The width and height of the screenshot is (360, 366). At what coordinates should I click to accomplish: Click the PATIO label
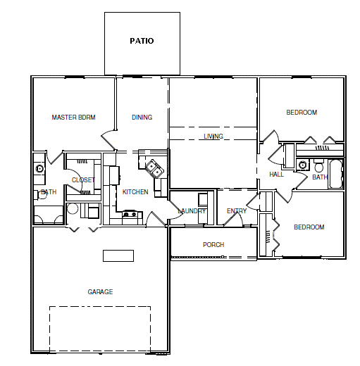142,41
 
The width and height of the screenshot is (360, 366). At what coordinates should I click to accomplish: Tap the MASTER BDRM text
73,118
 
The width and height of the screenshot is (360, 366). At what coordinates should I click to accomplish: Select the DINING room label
142,118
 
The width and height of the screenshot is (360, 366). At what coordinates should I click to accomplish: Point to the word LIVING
213,137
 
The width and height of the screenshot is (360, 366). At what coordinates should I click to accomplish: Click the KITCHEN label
135,192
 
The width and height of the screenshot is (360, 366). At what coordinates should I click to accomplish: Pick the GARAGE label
100,292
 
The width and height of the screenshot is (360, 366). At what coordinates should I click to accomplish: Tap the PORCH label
213,245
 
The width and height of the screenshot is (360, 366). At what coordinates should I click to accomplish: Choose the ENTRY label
237,211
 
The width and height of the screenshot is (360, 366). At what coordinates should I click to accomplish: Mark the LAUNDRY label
192,211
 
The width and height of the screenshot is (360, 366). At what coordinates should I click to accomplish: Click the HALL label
276,175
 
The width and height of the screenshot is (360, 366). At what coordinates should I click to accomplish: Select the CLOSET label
83,180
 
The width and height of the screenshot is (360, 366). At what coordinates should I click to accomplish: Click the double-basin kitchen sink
154,169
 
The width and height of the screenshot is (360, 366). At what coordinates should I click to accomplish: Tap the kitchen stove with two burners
130,214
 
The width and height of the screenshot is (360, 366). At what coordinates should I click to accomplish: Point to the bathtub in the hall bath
336,174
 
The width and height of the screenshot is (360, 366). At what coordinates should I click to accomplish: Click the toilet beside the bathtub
318,165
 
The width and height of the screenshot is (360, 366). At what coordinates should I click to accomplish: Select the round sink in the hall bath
302,165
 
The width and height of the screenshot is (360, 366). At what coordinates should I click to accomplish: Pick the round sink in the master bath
39,169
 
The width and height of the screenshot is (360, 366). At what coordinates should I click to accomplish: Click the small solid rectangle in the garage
118,255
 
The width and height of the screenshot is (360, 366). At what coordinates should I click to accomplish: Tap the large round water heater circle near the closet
73,208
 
